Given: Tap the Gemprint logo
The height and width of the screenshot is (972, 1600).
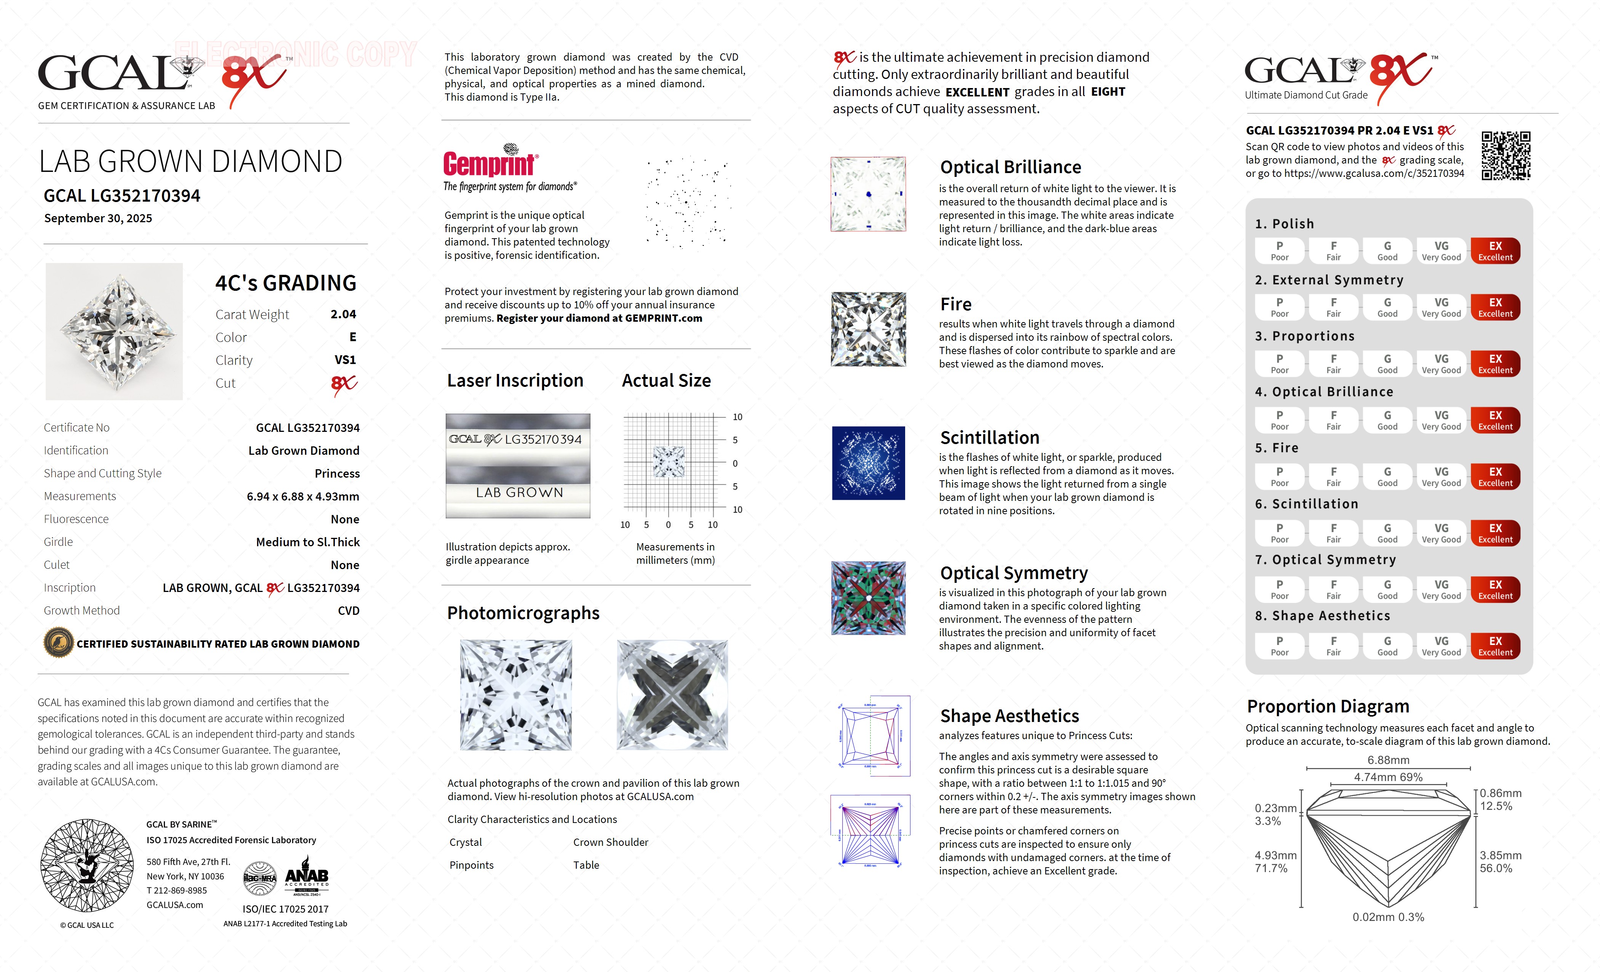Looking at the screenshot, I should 490,162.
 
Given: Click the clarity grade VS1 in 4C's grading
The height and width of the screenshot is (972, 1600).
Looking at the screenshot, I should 345,360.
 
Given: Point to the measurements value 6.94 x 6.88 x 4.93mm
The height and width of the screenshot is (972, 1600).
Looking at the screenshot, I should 302,496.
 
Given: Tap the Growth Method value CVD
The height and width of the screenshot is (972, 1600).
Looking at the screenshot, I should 348,611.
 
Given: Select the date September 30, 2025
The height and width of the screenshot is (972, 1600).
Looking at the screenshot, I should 98,218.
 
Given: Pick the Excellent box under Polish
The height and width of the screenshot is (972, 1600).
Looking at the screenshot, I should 1495,251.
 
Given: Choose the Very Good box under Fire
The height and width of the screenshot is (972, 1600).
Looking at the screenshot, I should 1441,476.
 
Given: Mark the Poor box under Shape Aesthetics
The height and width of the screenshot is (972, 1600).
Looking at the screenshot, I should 1279,646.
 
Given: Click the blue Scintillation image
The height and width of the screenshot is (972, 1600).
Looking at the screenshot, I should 868,463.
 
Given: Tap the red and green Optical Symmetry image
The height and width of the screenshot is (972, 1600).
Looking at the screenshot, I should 868,598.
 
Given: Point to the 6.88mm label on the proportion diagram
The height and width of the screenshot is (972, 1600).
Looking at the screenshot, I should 1388,760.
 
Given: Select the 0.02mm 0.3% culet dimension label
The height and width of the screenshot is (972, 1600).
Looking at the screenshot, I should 1388,917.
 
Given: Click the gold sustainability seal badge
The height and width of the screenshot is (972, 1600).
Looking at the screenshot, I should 58,643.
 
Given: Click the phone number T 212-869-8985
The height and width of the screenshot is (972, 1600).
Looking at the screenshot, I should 177,890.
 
